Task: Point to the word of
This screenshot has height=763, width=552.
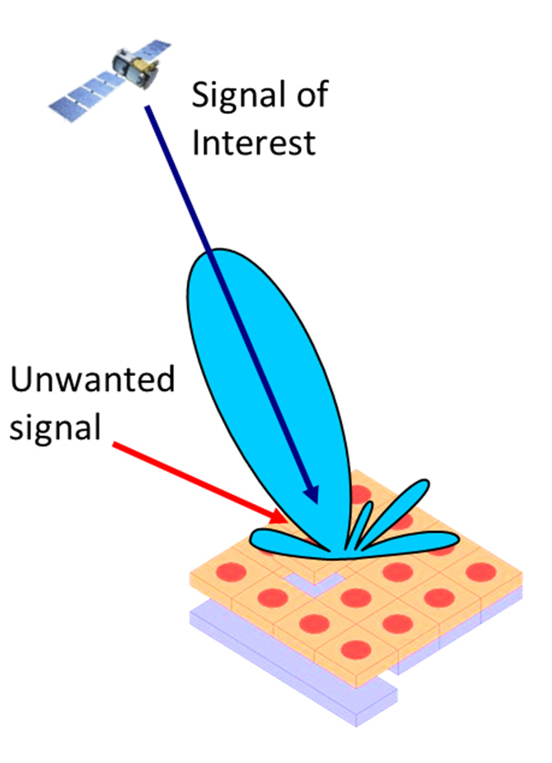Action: tap(312, 94)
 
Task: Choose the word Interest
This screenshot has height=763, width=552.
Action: tap(253, 143)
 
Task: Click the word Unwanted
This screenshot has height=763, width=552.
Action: tap(92, 379)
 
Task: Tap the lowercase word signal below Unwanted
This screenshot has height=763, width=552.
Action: tap(55, 427)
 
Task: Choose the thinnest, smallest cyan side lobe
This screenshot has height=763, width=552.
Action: tap(359, 525)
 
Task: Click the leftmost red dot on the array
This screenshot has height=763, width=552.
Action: tap(230, 571)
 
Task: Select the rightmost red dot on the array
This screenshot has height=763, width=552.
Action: tap(481, 572)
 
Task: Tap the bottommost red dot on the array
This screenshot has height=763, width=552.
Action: tap(356, 650)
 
